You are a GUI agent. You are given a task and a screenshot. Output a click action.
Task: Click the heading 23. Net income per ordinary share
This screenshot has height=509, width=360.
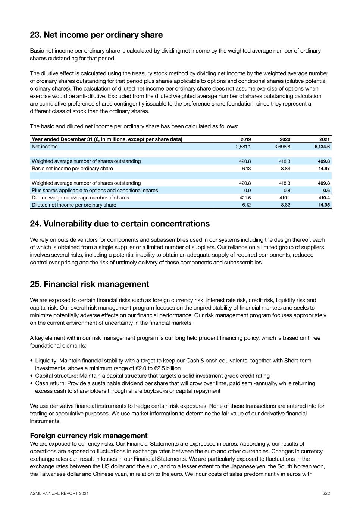click(96, 35)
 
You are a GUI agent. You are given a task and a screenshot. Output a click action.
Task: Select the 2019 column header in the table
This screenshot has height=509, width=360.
click(245, 139)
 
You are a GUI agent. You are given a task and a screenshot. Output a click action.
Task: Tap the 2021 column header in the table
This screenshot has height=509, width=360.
click(325, 139)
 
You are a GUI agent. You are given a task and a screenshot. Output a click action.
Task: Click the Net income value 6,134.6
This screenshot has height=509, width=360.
click(322, 147)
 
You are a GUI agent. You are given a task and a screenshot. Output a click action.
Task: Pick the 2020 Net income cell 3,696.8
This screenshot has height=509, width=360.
click(282, 147)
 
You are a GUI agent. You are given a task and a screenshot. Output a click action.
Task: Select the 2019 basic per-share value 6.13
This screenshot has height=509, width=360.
click(246, 169)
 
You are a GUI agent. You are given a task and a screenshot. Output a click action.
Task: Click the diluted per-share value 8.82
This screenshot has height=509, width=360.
click(285, 205)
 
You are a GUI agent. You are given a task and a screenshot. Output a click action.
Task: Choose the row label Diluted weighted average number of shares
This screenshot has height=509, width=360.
click(80, 198)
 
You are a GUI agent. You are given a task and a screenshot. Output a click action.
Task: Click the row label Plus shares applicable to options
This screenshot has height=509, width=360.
click(95, 190)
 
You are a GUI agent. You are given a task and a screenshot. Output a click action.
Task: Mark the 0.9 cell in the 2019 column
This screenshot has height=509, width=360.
click(247, 190)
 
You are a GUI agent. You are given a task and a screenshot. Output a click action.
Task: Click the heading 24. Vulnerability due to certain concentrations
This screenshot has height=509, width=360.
click(120, 224)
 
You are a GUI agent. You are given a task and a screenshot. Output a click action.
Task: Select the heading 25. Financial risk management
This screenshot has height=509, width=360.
click(90, 284)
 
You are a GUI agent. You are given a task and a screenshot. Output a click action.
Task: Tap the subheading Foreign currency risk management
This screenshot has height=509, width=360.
click(89, 436)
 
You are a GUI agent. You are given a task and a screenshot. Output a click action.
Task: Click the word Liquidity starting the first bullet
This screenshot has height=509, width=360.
click(46, 361)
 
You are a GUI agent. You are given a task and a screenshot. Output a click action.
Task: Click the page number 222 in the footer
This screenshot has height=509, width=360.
click(326, 493)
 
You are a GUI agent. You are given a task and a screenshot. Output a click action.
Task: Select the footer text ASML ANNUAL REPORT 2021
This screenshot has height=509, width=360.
click(59, 493)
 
